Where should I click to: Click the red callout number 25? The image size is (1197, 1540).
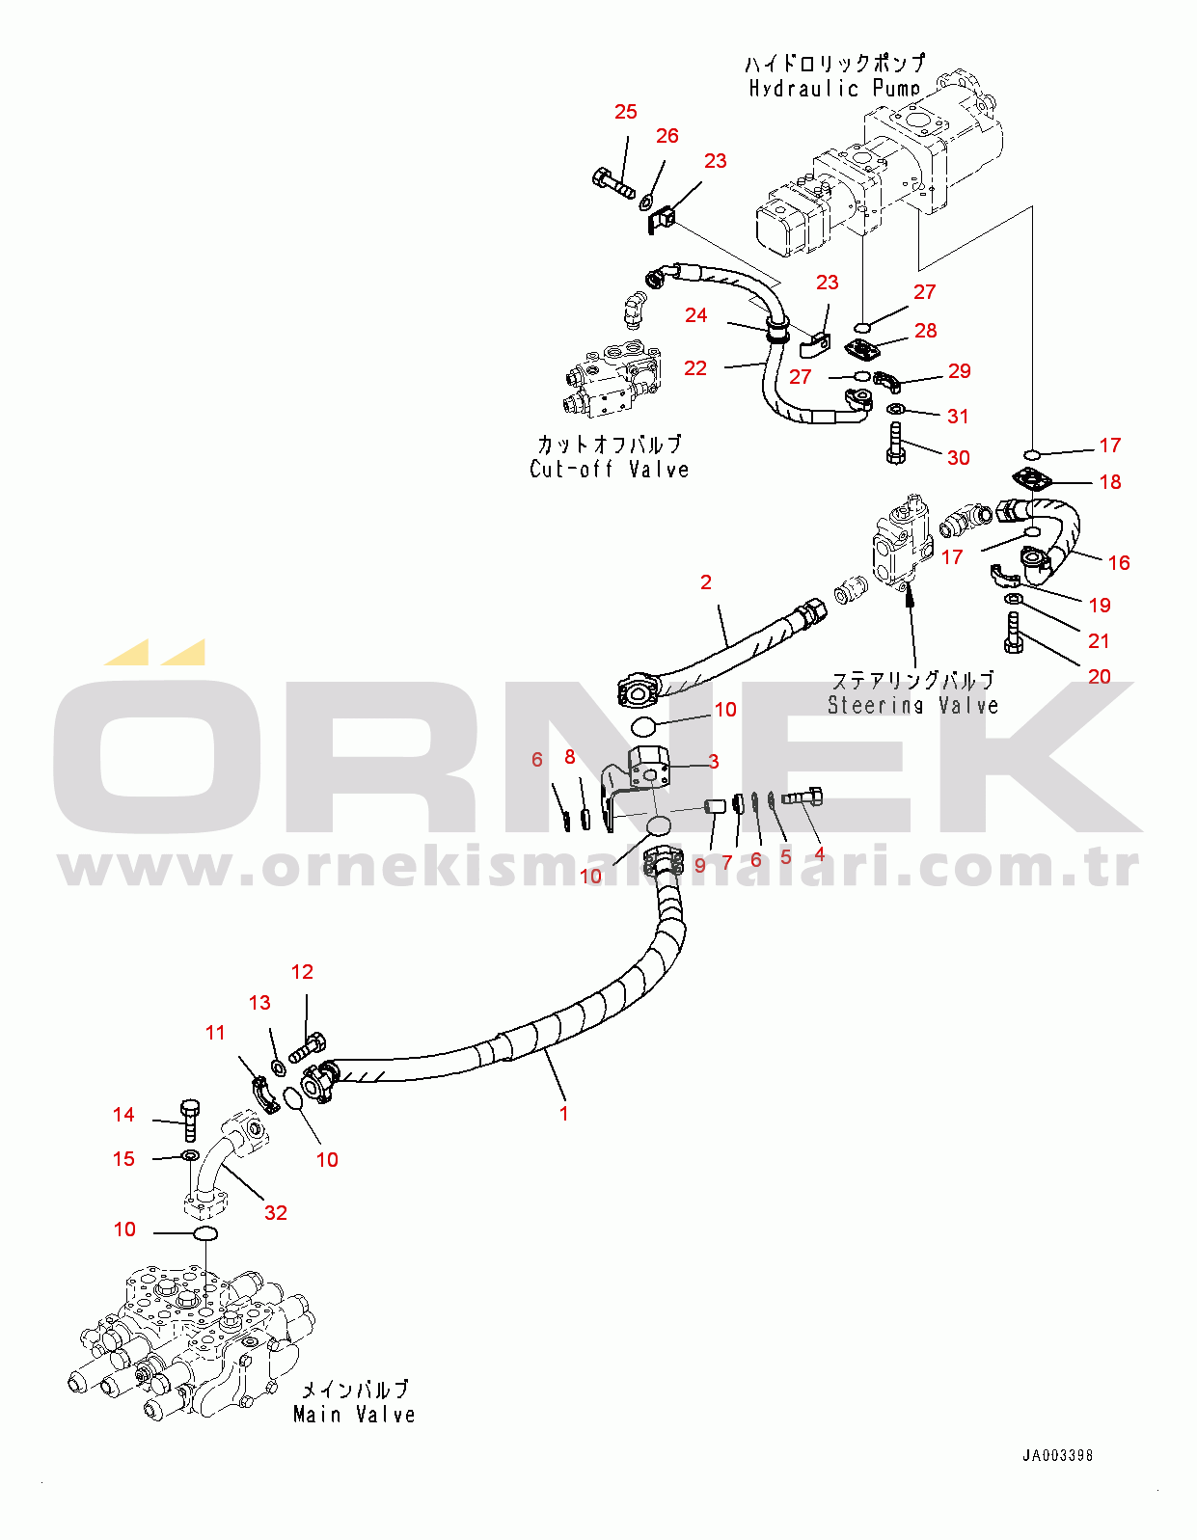[x=626, y=112]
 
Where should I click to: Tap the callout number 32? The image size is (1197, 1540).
[x=276, y=1212]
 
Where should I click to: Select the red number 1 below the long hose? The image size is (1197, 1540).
[x=564, y=1113]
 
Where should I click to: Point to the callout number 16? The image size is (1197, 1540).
[x=1119, y=562]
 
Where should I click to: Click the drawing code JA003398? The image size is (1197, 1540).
[x=1058, y=1455]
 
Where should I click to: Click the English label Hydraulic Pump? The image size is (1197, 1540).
[x=834, y=89]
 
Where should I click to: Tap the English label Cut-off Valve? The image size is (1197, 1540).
[x=610, y=470]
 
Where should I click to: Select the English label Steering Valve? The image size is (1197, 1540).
[x=912, y=705]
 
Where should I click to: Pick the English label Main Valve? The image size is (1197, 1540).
[x=354, y=1415]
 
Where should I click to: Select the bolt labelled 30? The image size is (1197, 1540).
[x=896, y=444]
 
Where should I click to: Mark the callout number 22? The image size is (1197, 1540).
[x=695, y=368]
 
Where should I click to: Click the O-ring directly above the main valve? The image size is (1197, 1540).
[x=205, y=1234]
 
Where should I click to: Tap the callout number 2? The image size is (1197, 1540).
[x=706, y=582]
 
